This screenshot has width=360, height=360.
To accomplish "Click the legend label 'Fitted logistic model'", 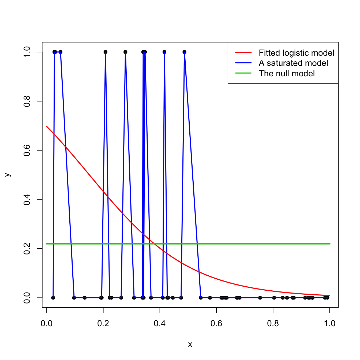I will (x=296, y=53).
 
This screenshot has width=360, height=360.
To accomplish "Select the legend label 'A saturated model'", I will (x=293, y=63).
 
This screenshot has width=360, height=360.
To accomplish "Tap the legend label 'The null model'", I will (x=287, y=74).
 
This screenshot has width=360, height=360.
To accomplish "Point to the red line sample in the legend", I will (x=243, y=52).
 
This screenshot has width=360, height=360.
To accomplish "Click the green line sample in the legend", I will (x=243, y=73).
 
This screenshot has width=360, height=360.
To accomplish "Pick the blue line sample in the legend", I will (x=243, y=63).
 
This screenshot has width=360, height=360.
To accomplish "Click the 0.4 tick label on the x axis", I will (x=160, y=324).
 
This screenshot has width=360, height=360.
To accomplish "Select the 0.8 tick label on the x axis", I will (x=273, y=324).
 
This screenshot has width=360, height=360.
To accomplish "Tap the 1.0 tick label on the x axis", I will (x=329, y=324).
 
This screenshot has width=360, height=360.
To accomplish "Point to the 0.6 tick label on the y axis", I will (x=27, y=150).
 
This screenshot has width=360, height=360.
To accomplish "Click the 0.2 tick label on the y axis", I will (x=27, y=249).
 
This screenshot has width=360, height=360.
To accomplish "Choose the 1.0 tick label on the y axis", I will (x=27, y=52).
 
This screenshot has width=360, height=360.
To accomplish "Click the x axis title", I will (x=190, y=344).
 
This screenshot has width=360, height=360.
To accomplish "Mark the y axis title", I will (x=8, y=175).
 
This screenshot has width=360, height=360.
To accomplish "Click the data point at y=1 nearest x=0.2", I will (x=106, y=52).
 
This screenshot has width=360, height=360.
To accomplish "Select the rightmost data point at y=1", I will (x=184, y=52).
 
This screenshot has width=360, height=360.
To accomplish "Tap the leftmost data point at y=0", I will (x=53, y=298).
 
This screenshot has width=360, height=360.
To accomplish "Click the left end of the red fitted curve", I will (x=47, y=126).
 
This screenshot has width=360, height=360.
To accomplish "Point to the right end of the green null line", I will (x=329, y=243).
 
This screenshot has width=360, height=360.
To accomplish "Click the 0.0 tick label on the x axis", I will (x=47, y=324).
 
